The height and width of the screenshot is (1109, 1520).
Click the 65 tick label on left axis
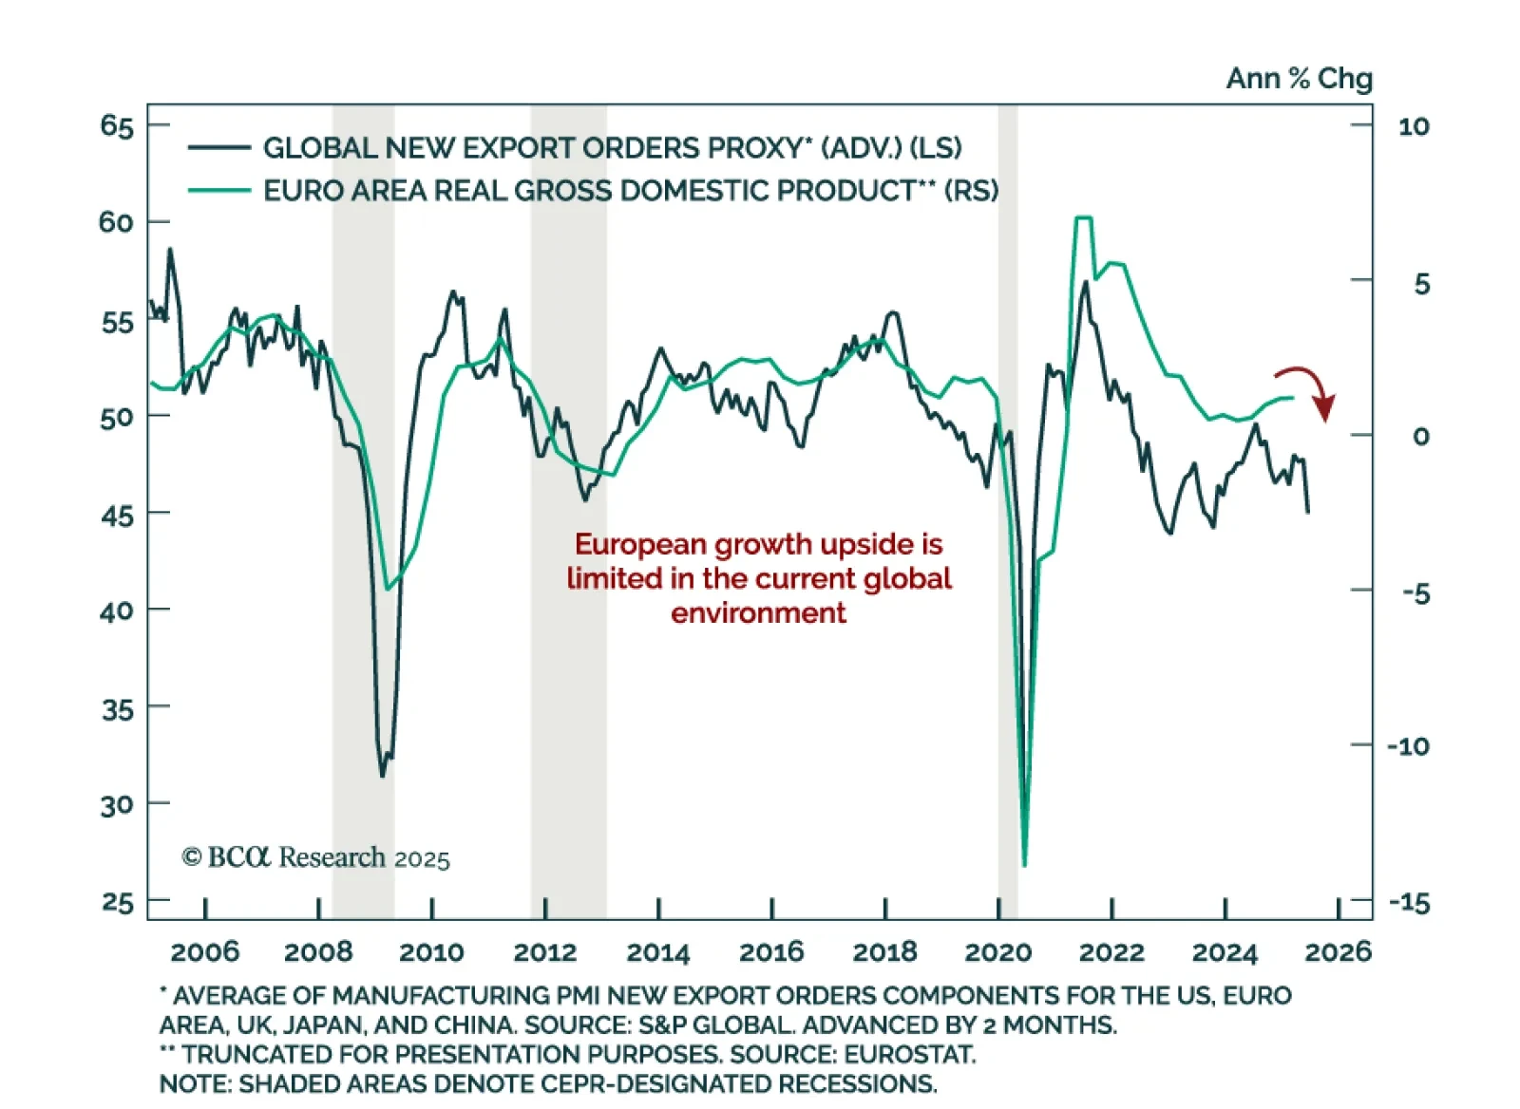point(117,126)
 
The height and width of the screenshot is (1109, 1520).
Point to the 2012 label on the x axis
point(545,952)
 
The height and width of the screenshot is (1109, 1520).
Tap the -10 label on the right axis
point(1408,746)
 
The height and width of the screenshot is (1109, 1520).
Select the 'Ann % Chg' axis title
point(1299,79)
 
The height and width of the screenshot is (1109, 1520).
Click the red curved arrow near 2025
point(1309,389)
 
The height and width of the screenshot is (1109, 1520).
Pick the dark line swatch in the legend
point(218,148)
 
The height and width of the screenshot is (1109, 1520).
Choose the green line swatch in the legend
point(218,191)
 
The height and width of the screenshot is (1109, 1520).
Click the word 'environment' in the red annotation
point(758,613)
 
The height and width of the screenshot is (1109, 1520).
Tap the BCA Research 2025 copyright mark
point(315,858)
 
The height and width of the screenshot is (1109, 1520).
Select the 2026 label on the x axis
point(1338,952)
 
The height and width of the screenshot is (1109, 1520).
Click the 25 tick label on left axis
point(118,902)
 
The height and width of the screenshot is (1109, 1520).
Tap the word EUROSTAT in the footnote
point(908,1055)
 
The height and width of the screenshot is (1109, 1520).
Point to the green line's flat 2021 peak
point(1083,218)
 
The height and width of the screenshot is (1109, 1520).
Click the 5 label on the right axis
point(1421,284)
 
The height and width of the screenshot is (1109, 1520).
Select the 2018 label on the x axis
point(884,952)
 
